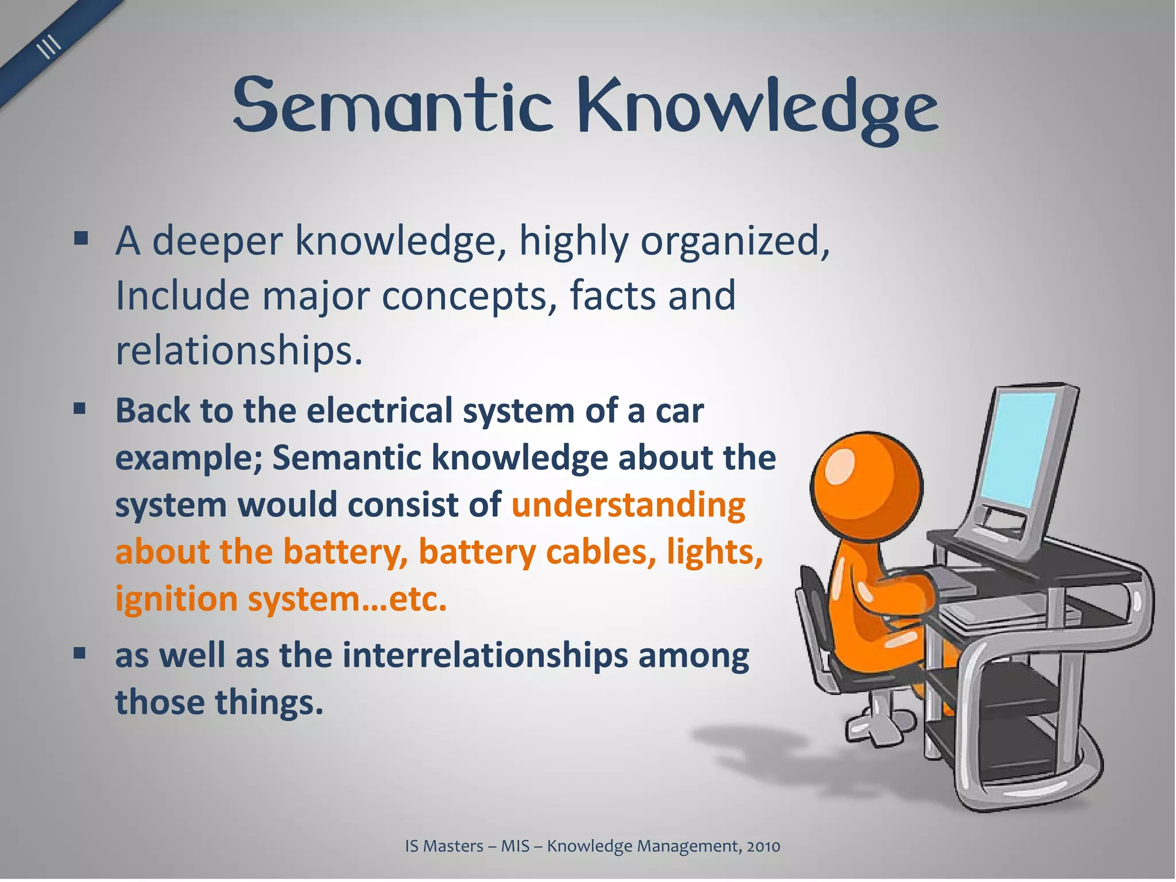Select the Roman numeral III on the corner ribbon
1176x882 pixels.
(x=50, y=46)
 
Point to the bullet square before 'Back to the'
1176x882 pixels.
(x=80, y=408)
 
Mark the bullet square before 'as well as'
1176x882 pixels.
(x=80, y=653)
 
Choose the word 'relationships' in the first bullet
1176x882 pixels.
(x=239, y=350)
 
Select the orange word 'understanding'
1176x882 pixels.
(x=628, y=505)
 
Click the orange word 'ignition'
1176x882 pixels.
(x=176, y=599)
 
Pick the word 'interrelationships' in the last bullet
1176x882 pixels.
(x=485, y=655)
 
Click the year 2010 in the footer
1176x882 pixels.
(x=763, y=846)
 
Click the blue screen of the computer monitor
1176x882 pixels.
(x=1016, y=448)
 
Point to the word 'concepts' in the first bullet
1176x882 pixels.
(x=469, y=296)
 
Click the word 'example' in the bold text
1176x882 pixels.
(x=188, y=458)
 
